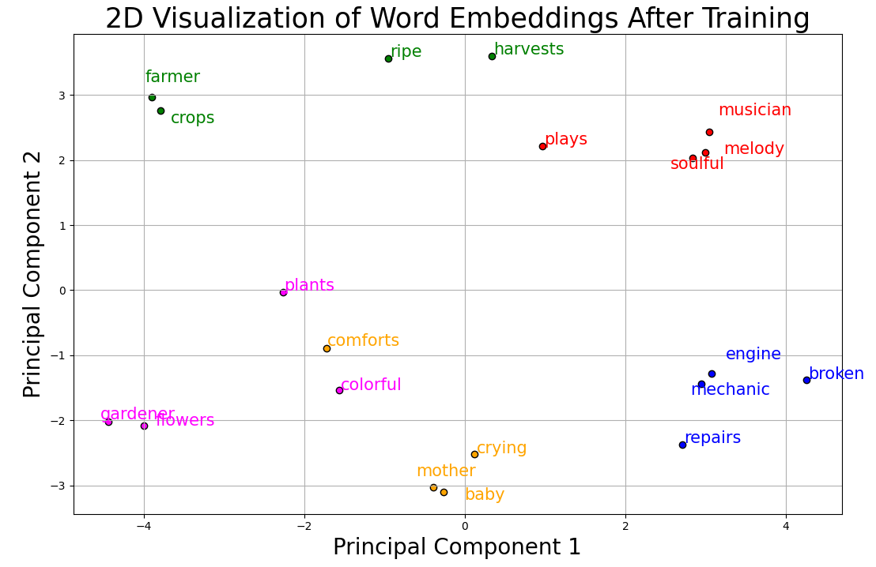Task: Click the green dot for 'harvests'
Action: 492,56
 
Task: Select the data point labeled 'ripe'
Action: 388,58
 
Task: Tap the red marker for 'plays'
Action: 542,146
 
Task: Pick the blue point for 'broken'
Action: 806,380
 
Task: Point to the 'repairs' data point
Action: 682,445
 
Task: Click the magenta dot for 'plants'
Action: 283,292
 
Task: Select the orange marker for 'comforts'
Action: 327,348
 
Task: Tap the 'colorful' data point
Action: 339,390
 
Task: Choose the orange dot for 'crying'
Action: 474,454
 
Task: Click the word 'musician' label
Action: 754,111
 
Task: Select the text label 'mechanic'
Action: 730,390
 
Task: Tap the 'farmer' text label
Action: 172,77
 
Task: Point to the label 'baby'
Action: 485,495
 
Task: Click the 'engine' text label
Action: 753,355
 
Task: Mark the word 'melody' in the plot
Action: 753,149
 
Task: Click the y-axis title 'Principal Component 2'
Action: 32,274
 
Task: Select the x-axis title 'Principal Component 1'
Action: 457,547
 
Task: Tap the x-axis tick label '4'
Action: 786,526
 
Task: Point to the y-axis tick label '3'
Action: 62,96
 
